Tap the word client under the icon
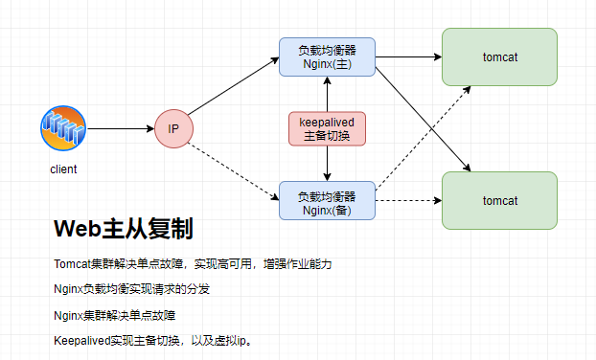coord(63,169)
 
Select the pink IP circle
coord(173,128)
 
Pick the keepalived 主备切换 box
coord(328,129)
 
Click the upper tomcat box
coord(499,56)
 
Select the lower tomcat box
coord(499,201)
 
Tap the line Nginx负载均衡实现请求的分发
coord(132,288)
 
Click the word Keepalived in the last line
coord(81,340)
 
